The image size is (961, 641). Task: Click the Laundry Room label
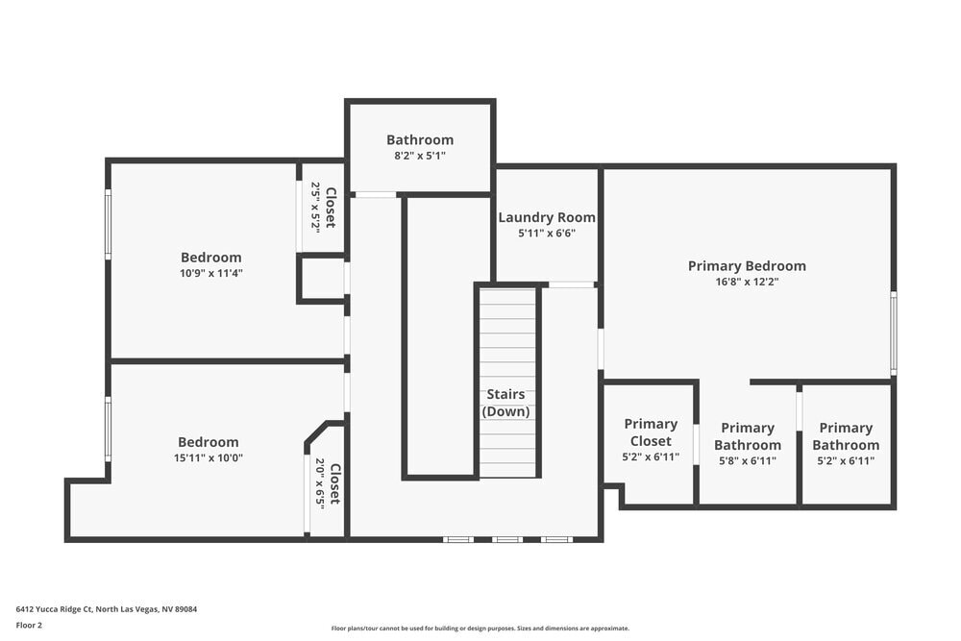click(x=546, y=217)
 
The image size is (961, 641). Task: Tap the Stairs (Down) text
click(x=505, y=403)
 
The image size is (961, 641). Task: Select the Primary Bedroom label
click(x=747, y=266)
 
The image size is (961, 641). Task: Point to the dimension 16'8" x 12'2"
click(x=747, y=283)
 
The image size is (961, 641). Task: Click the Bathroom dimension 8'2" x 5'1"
click(x=420, y=156)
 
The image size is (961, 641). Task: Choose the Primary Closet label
click(x=651, y=432)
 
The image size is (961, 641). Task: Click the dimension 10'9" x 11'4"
click(x=211, y=273)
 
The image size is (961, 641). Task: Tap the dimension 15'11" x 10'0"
click(x=209, y=458)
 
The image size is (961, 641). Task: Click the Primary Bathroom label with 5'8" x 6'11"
click(x=747, y=436)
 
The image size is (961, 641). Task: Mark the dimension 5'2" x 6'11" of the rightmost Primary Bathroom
click(x=846, y=460)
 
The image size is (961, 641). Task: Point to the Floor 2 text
click(x=29, y=625)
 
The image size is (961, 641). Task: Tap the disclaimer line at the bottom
click(x=480, y=629)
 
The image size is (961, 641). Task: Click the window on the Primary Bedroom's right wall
click(x=893, y=333)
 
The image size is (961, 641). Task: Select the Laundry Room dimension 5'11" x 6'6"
click(x=546, y=234)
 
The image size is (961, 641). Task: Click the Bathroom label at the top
click(x=420, y=139)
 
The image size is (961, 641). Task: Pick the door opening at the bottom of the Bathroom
click(x=376, y=195)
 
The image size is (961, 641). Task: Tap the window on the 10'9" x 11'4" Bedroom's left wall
click(x=108, y=224)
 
